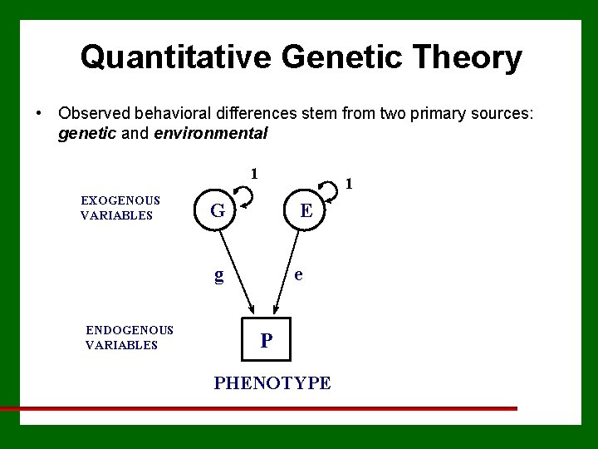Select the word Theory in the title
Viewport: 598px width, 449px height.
tap(474, 57)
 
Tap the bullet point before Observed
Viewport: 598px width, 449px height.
tap(38, 112)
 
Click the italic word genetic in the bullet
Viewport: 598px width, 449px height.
tap(87, 133)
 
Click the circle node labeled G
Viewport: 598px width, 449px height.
tap(218, 211)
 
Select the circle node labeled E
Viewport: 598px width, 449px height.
tap(306, 211)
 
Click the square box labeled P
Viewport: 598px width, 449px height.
tap(266, 340)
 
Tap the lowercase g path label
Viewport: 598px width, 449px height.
tap(218, 274)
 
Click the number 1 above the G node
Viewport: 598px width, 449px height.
tap(255, 174)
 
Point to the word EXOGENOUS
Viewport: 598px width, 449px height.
tap(120, 200)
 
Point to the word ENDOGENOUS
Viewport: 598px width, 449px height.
tap(130, 330)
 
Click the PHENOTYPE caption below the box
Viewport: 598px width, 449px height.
tap(272, 382)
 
